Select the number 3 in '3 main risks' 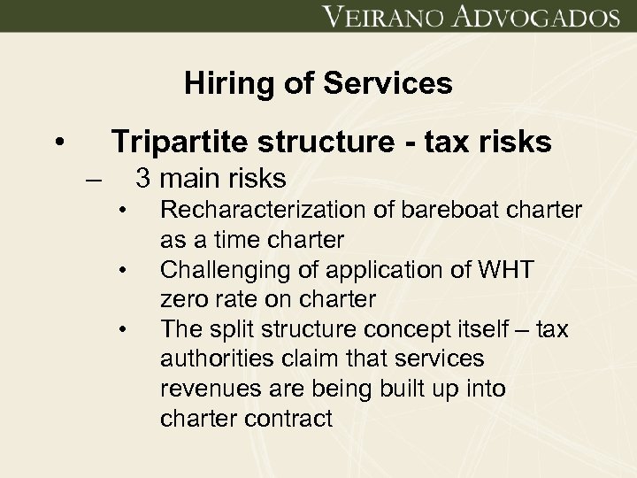pyautogui.click(x=142, y=180)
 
